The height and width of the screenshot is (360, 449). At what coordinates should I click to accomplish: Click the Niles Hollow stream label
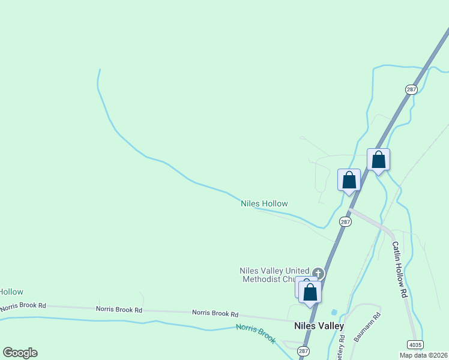coord(264,203)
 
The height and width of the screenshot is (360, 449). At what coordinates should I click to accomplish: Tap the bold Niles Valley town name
coord(319,326)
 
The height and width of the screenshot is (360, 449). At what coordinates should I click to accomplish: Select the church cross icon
coord(318,274)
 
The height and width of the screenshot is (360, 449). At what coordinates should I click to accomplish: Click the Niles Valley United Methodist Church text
coord(274,275)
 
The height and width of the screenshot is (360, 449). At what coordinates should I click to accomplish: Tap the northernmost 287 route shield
coord(411,89)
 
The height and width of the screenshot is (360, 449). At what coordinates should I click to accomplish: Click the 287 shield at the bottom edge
coord(304,351)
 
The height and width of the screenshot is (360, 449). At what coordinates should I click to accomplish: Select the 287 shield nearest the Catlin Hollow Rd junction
coord(345,221)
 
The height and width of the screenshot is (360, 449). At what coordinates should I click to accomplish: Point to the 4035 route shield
coord(414,344)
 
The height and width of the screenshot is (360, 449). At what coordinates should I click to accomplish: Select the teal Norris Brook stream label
coord(256,333)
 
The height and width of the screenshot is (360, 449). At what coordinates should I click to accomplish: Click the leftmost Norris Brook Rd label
coord(23,306)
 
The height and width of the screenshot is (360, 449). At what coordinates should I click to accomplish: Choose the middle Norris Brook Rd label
coord(119,310)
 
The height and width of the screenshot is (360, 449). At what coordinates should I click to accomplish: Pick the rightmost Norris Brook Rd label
coord(215,313)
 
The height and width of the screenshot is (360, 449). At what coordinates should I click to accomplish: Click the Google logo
coord(20,353)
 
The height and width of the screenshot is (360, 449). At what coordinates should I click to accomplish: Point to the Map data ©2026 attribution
coord(424,355)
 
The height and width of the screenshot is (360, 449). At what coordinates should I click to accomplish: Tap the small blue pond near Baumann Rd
coord(334,312)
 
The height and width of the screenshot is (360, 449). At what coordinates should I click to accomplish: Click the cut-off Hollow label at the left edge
coord(11,292)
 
